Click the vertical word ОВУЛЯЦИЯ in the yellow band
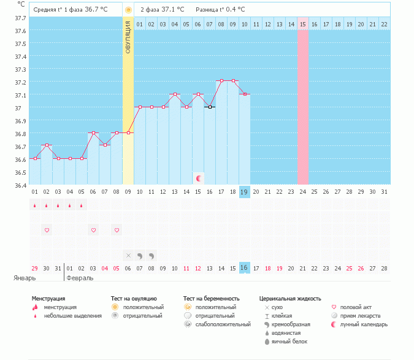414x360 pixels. (x=128, y=37)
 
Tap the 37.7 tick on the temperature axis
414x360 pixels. (x=20, y=18)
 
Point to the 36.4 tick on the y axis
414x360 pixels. (x=20, y=185)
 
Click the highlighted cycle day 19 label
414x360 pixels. (x=244, y=192)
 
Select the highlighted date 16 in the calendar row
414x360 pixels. (x=244, y=268)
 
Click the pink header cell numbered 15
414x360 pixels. (x=303, y=24)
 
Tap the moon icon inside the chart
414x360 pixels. (x=199, y=178)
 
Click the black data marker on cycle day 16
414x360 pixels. (x=210, y=107)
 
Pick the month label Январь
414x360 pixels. (x=25, y=278)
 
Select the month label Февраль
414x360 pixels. (x=80, y=278)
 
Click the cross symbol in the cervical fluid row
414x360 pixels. (x=128, y=255)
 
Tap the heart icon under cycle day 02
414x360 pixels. (x=47, y=230)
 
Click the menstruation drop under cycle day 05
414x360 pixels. (x=82, y=206)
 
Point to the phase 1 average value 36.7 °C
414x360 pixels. (x=96, y=10)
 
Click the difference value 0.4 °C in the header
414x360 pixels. (x=233, y=10)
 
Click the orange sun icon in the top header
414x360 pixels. (x=128, y=10)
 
